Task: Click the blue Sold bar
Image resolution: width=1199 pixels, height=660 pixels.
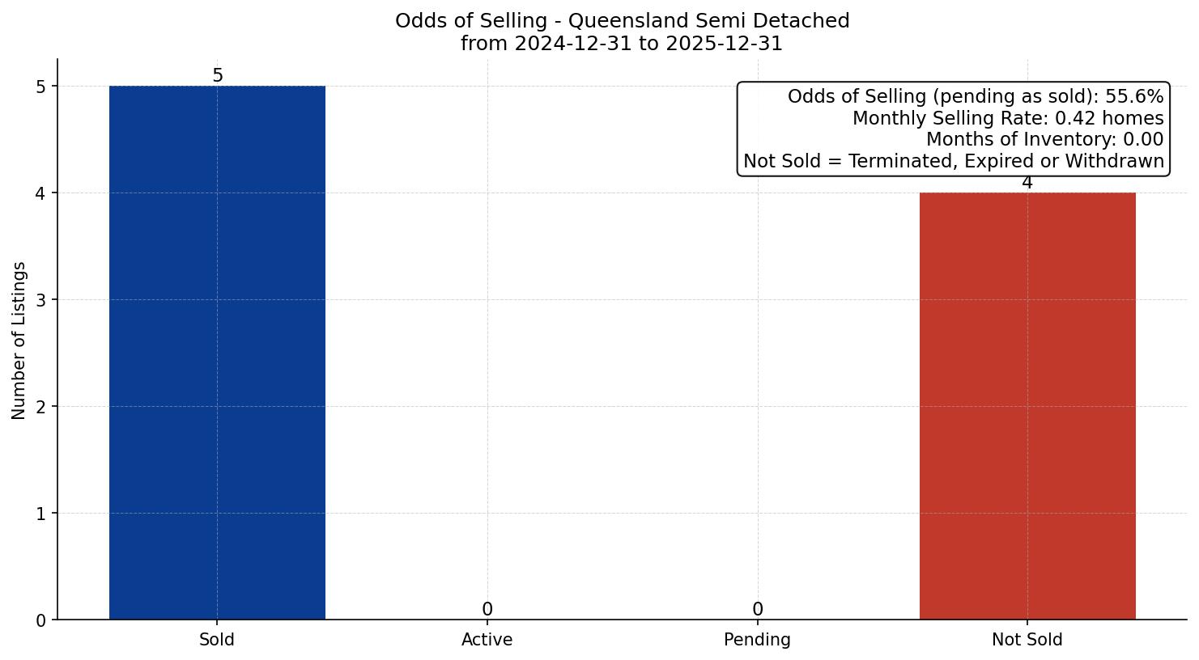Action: coord(217,353)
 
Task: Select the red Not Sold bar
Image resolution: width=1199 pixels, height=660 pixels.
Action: coord(1027,406)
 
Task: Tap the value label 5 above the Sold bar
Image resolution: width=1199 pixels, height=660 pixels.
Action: coord(217,76)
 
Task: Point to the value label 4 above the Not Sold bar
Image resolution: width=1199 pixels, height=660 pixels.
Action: coord(1027,183)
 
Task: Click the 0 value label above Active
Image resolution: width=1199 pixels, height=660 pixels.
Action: coord(487,610)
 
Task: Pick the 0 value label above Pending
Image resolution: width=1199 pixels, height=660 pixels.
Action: coord(757,610)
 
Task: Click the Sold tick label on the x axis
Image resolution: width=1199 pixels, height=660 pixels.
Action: coord(217,640)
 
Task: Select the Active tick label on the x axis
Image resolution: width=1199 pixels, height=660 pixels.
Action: coord(487,640)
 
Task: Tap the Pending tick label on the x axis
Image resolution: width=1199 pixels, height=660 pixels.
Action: coord(757,640)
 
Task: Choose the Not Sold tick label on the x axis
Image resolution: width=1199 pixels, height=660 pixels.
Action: coord(1027,640)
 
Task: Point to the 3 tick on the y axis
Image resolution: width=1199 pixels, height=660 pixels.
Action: coord(41,300)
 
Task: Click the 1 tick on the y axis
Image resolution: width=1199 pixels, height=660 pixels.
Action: coord(41,514)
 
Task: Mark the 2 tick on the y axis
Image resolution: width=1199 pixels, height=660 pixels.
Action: coord(41,407)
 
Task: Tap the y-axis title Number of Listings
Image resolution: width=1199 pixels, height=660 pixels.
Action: coord(19,340)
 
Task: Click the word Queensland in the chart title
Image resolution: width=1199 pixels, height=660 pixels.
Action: coord(619,21)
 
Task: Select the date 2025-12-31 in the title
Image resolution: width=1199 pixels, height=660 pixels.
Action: coord(724,44)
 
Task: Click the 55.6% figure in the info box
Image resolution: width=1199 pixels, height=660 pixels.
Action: coord(1134,97)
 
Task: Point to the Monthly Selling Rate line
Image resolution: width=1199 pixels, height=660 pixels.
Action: coord(1007,119)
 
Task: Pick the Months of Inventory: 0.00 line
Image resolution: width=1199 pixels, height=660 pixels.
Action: coord(1044,140)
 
